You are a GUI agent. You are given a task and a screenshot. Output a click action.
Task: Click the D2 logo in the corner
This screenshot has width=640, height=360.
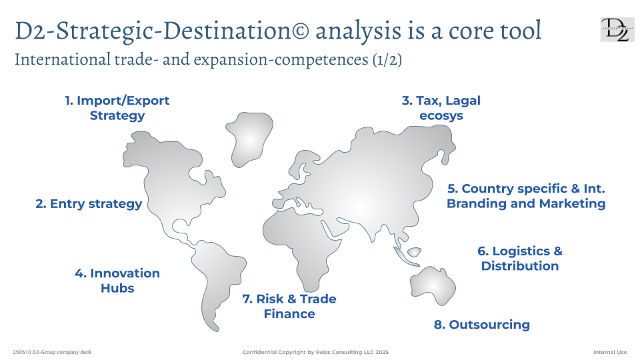(617, 29)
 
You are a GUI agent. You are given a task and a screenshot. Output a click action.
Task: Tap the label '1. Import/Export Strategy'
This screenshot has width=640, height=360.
(117, 108)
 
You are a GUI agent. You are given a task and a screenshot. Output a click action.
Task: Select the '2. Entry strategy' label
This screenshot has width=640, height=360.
(89, 203)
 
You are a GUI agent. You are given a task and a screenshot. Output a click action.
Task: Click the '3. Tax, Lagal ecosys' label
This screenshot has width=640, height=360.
(441, 108)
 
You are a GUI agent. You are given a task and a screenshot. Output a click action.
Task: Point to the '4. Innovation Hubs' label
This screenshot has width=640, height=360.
(117, 281)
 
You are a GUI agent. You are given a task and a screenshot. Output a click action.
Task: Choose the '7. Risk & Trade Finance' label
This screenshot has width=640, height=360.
(289, 306)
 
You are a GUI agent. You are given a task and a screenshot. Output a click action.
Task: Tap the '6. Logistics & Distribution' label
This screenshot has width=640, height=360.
(519, 259)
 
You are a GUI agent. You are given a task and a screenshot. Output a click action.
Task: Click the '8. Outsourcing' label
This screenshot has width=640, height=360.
(481, 325)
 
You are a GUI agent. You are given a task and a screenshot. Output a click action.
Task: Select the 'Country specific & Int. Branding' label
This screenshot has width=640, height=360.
(526, 196)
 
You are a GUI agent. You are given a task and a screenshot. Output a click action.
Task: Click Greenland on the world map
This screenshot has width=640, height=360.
(249, 139)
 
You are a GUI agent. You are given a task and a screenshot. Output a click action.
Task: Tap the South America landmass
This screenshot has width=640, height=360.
(216, 277)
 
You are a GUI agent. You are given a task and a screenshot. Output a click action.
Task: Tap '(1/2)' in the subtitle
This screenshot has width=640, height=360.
(387, 59)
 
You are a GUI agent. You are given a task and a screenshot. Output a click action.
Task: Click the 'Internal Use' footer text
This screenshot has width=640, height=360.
(610, 352)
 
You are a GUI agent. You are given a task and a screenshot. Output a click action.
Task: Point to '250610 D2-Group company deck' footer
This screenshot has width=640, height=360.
(52, 352)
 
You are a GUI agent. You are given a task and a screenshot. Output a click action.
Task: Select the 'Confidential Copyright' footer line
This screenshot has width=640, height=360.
(315, 352)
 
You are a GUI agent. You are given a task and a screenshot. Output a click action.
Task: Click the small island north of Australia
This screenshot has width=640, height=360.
(414, 252)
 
